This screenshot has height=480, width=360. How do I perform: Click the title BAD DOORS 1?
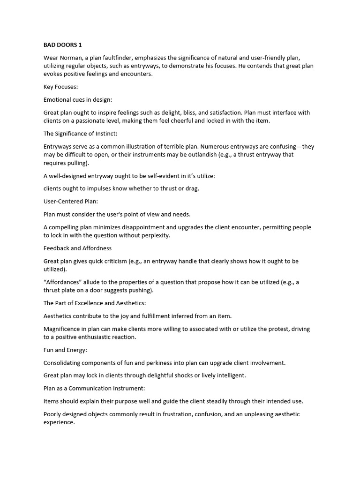point(62,45)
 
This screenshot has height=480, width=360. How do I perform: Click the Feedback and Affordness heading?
point(77,248)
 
